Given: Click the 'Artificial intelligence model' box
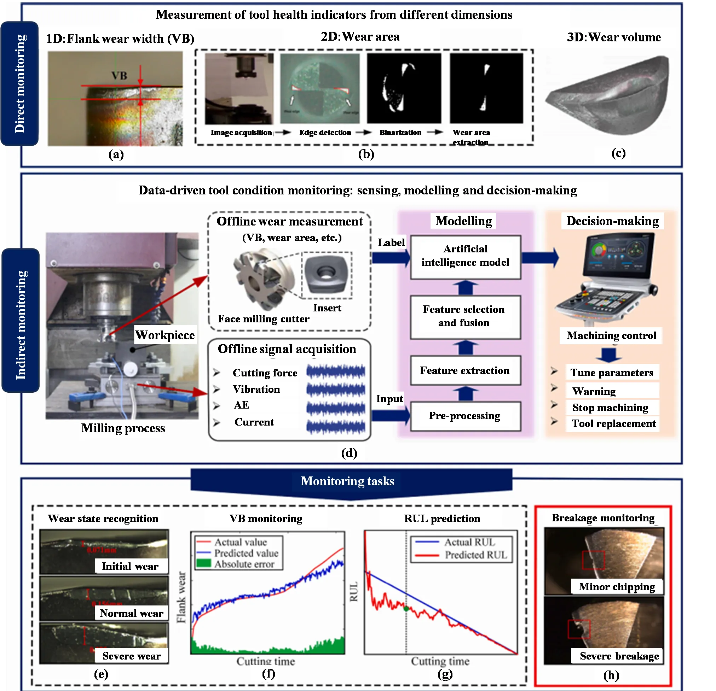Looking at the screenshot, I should [x=466, y=257].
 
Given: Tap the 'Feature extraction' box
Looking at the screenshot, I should [x=466, y=370].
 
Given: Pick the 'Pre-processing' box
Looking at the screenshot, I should [x=466, y=416].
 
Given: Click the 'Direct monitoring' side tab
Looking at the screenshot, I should [x=20, y=84].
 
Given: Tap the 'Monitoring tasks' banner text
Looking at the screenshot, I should [x=347, y=481].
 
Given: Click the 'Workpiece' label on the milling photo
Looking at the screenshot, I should [x=165, y=335].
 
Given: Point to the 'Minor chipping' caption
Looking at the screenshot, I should [x=617, y=587].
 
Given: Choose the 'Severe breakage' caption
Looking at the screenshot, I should [x=619, y=656].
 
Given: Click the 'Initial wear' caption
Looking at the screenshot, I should [x=130, y=566].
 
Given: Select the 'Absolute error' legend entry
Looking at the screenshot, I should [x=244, y=564].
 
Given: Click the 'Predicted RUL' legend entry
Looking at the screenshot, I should [x=476, y=555].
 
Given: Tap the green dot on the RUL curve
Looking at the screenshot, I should [x=406, y=609].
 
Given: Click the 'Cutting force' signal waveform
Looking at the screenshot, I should [x=336, y=372].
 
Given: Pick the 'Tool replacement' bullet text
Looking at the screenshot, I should [x=614, y=423].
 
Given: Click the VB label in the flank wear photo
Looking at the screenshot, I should [x=120, y=76].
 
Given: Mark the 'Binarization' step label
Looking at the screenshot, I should [x=400, y=133].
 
